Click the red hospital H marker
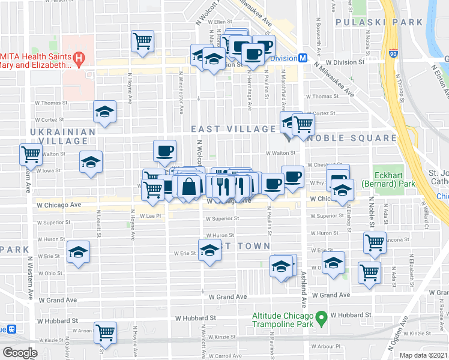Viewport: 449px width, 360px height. [79, 58]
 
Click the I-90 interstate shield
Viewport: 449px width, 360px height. [393, 53]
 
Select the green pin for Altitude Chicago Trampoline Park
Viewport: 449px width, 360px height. [321, 316]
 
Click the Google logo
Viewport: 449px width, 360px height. [19, 352]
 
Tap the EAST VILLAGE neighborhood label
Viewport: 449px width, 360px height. [233, 129]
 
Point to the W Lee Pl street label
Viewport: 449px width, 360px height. [151, 216]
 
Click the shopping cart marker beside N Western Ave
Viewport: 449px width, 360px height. [30, 154]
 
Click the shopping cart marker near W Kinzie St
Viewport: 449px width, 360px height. [106, 331]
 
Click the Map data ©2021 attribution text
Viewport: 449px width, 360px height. [424, 355]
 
